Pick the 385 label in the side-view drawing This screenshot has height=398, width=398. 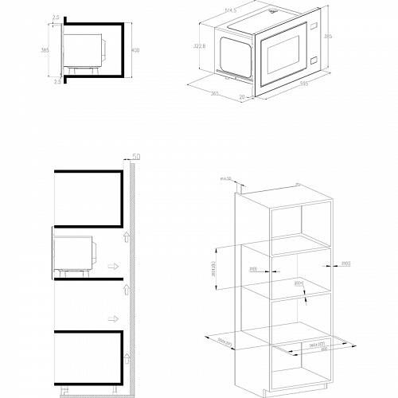45,51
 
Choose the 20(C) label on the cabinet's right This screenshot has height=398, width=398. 345,263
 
